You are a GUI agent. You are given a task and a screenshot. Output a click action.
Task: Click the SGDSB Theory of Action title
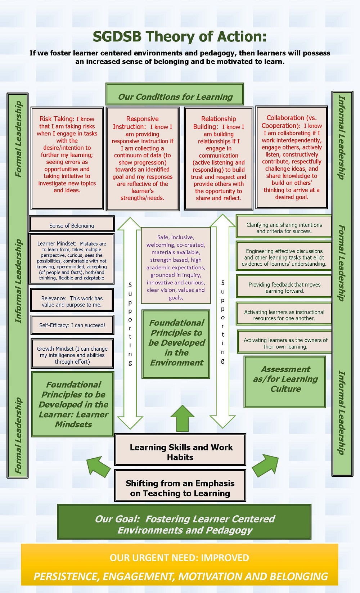coord(180,37)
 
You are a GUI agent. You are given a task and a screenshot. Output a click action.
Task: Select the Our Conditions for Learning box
coord(175,95)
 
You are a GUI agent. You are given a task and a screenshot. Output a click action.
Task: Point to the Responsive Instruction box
coord(143,158)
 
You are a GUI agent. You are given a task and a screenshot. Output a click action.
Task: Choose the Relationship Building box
coord(219,158)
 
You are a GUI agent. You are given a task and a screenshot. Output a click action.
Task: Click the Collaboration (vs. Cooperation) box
coord(292,157)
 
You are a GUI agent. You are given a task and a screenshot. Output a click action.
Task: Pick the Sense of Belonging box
coord(72,224)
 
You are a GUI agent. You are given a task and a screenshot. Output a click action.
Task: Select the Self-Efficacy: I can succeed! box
coord(72,325)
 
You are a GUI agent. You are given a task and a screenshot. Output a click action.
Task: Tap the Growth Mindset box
coord(72,355)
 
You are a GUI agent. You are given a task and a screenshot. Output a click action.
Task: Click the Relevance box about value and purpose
coord(72,301)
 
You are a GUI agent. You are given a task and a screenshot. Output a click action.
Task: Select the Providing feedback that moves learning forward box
coord(284,287)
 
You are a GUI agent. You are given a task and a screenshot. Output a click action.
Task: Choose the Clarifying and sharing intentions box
coord(284,228)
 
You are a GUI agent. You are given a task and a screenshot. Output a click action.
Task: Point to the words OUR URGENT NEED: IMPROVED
coord(179,558)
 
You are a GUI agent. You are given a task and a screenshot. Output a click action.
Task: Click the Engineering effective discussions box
coord(284,257)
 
